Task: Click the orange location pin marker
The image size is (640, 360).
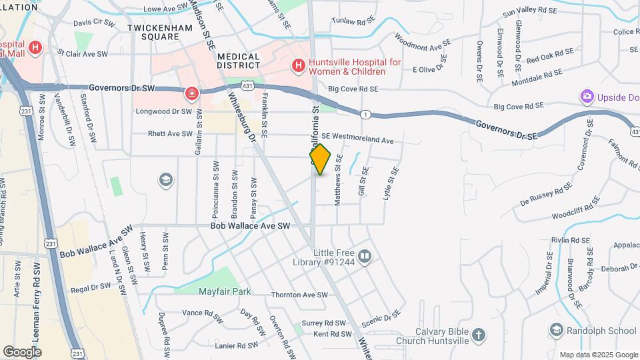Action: (x=320, y=159)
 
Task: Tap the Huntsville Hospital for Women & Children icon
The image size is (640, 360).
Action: (x=298, y=66)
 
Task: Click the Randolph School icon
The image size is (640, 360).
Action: (x=557, y=330)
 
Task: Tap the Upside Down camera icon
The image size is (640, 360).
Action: (x=587, y=97)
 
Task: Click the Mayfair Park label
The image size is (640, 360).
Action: (x=225, y=291)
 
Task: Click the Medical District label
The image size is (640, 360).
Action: (x=239, y=61)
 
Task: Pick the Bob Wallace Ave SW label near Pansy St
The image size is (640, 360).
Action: (x=250, y=227)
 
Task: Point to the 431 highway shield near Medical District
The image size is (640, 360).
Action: (x=247, y=86)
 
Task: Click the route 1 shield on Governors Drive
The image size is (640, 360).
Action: (x=365, y=114)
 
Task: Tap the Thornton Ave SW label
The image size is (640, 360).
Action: (x=299, y=295)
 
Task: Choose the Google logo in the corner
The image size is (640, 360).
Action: (x=22, y=351)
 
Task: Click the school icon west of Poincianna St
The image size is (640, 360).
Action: (x=165, y=180)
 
